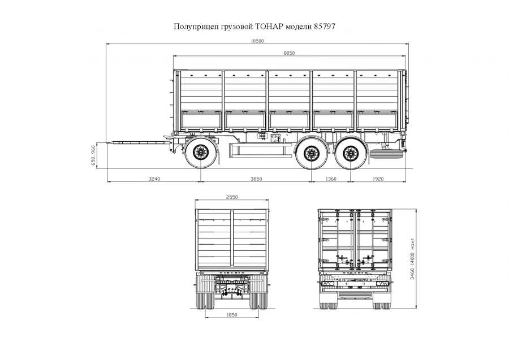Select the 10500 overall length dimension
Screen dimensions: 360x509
tap(257, 41)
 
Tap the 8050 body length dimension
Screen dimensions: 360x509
tap(290, 53)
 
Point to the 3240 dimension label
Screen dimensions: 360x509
tap(154, 179)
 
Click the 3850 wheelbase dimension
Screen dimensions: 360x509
tap(256, 179)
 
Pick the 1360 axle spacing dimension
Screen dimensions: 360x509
tap(330, 179)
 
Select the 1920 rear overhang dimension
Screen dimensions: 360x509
tap(378, 179)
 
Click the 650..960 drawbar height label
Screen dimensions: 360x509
tap(93, 154)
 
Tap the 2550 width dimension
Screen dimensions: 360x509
tap(232, 197)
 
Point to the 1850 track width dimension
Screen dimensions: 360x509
tap(232, 315)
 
